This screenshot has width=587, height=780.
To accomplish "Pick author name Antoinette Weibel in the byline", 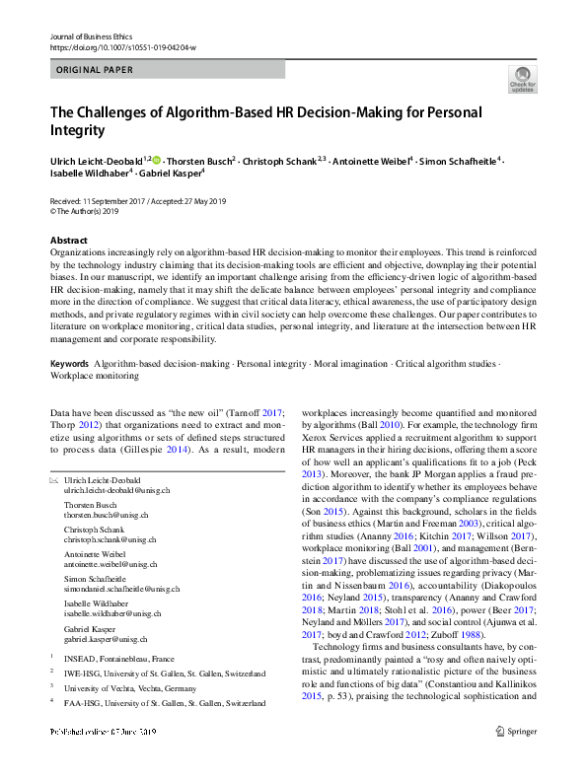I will click(368, 160).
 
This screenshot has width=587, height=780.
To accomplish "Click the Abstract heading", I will click(70, 241).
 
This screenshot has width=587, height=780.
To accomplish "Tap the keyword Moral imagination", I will click(345, 364).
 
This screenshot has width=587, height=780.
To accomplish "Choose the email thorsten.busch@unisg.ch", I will click(108, 515).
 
